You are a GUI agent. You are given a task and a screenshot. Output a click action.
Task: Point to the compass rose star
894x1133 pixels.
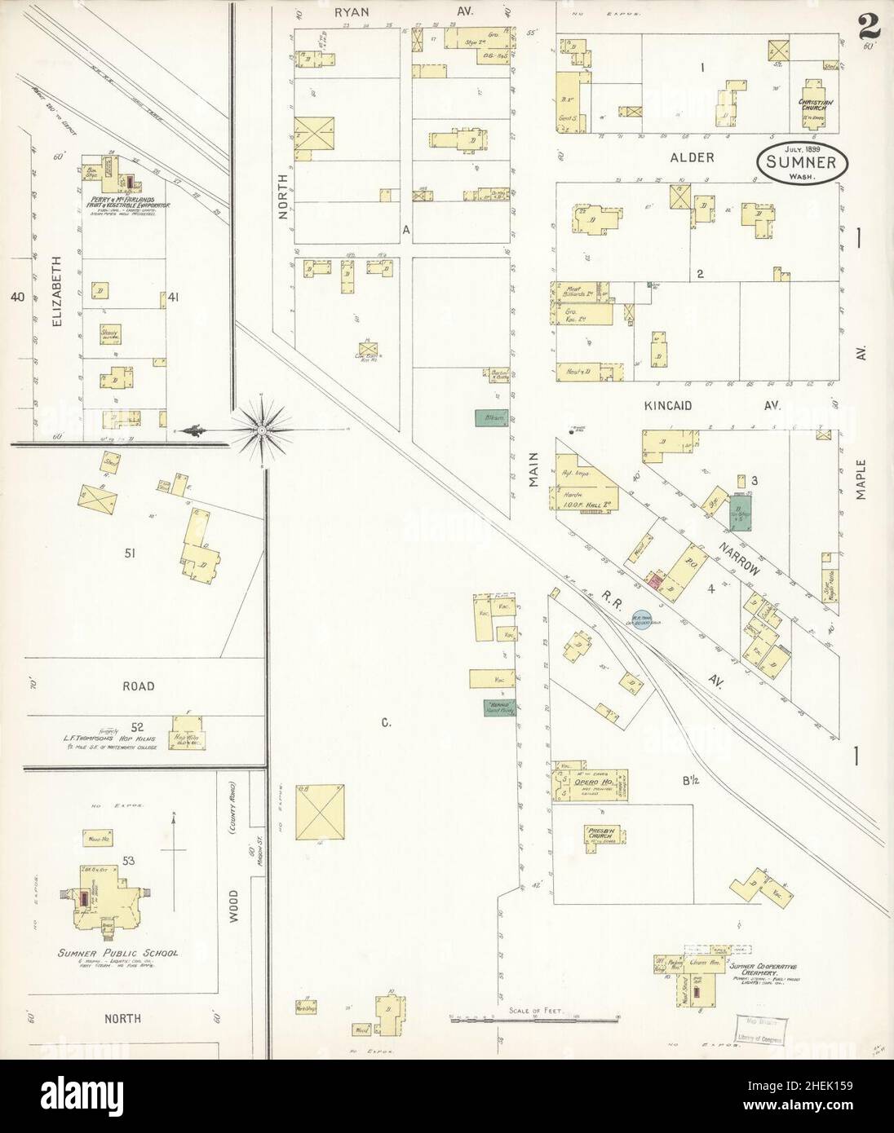pyautogui.click(x=260, y=430)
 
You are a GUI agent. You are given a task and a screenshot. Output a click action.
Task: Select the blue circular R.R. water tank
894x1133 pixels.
pyautogui.click(x=642, y=621)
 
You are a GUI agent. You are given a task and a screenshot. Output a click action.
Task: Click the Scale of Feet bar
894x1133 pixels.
pyautogui.click(x=534, y=1018)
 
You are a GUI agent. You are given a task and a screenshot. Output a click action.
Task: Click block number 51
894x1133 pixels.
pyautogui.click(x=130, y=554)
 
